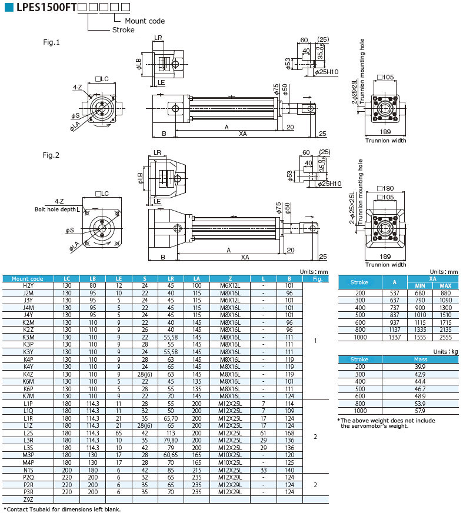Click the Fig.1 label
pyautogui.click(x=52, y=42)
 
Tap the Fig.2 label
pyautogui.click(x=52, y=155)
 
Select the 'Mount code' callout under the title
pyautogui.click(x=144, y=21)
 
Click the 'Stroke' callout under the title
pyautogui.click(x=123, y=29)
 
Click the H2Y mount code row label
pyautogui.click(x=28, y=285)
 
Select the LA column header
pyautogui.click(x=196, y=279)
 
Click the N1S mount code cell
pyautogui.click(x=28, y=470)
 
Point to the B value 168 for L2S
pyautogui.click(x=289, y=432)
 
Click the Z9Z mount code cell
pyautogui.click(x=28, y=499)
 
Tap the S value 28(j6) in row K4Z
pyautogui.click(x=144, y=374)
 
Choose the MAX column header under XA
pyautogui.click(x=445, y=285)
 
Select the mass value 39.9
pyautogui.click(x=420, y=366)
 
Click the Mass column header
pyautogui.click(x=420, y=358)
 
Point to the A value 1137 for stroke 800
pyautogui.click(x=394, y=330)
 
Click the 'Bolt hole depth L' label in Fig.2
pyautogui.click(x=57, y=209)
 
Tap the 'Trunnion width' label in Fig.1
pyautogui.click(x=385, y=141)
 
